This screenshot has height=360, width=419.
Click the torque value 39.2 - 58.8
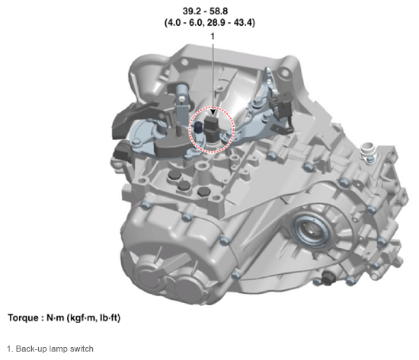(205, 11)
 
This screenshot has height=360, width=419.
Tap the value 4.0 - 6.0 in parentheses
(185, 23)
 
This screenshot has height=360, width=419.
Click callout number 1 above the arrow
(213, 37)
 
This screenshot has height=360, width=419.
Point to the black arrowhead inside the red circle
(213, 112)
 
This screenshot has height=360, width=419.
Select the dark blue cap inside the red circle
(198, 127)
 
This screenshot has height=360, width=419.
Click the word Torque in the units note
(24, 318)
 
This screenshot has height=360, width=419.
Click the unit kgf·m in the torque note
(83, 318)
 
